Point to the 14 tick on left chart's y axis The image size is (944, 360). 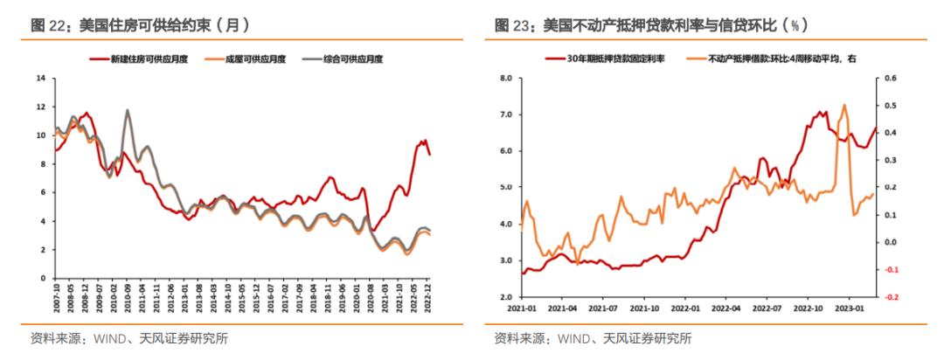(x=39, y=78)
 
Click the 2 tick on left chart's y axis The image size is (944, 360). (x=41, y=250)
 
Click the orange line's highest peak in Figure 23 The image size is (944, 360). (x=844, y=105)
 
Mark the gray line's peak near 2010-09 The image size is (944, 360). (x=128, y=110)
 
